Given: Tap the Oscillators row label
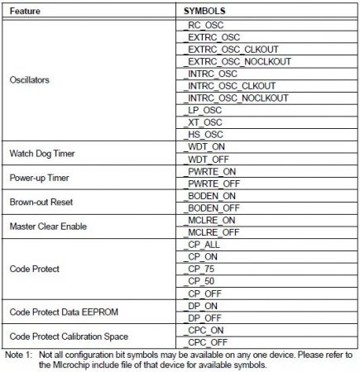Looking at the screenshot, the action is click(x=31, y=80).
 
